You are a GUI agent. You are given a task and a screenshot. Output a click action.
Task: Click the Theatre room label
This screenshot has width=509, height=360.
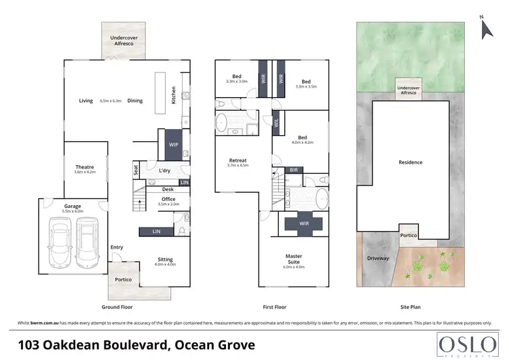point(84,167)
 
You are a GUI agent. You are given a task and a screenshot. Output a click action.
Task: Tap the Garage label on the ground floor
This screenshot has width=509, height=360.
point(73,206)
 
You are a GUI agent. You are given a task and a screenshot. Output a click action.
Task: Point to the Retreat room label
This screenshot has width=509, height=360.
point(237,160)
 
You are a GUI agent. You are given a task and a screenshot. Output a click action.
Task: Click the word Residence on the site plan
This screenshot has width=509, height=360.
point(411,162)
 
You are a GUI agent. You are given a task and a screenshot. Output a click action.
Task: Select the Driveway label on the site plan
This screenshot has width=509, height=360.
point(378,258)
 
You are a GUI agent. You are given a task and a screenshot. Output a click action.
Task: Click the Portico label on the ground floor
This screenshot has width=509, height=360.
point(123,279)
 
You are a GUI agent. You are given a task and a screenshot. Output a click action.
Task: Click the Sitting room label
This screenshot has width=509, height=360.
point(165,259)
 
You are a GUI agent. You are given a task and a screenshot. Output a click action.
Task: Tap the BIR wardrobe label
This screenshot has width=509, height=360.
point(294,169)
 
